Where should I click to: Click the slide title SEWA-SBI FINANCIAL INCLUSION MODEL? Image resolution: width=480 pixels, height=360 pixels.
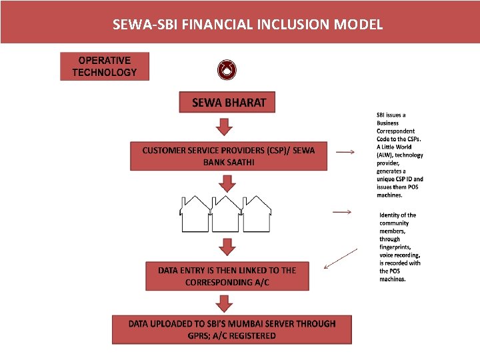(x=248, y=25)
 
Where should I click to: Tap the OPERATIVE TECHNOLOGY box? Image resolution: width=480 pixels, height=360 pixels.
(x=105, y=67)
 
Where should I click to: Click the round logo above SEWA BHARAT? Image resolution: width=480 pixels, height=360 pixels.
(x=227, y=69)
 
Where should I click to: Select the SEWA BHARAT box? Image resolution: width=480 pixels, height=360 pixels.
(x=227, y=103)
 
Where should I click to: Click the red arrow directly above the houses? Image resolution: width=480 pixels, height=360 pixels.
(x=227, y=182)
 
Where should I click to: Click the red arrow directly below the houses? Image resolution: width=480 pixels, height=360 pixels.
(x=227, y=247)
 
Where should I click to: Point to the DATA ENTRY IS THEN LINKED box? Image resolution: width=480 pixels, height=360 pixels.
(x=227, y=276)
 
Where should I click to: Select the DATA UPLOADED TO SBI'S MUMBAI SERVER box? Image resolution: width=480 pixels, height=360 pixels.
(x=231, y=329)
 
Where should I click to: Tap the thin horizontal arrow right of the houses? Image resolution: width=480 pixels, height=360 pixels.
(x=341, y=212)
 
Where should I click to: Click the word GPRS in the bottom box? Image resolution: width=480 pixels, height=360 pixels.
(x=199, y=336)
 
